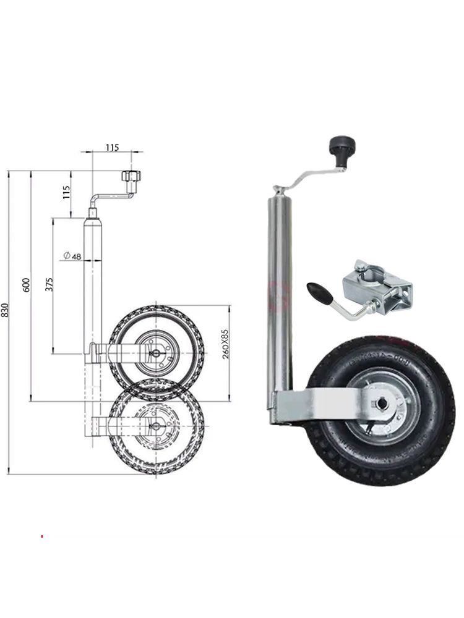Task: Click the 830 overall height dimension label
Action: tap(4, 311)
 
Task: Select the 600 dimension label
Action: tap(27, 284)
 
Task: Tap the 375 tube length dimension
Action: tap(49, 284)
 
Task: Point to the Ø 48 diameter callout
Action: tap(72, 256)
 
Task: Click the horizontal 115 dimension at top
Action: tap(112, 148)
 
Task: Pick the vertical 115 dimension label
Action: tap(66, 192)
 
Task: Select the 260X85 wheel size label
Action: tap(225, 344)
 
